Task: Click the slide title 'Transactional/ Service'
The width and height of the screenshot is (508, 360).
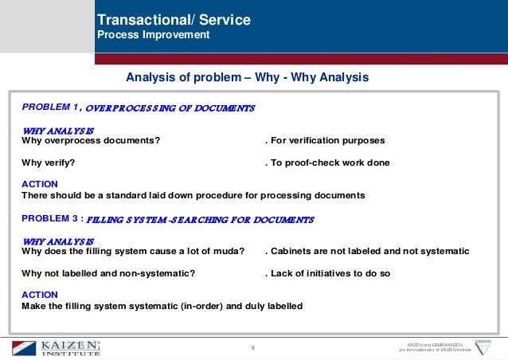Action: pos(173,20)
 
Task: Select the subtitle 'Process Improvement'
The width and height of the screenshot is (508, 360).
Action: pos(153,35)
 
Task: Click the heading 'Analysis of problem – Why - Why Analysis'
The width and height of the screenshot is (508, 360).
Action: pos(248,77)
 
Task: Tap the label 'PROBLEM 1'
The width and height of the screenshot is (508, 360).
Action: pos(51,106)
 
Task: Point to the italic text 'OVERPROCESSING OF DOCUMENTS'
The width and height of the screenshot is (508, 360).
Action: pos(170,108)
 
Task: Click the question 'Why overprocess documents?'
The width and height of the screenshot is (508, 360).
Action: pos(90,140)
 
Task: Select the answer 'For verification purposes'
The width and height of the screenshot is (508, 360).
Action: pos(326,140)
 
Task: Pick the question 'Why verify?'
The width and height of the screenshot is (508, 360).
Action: pos(49,162)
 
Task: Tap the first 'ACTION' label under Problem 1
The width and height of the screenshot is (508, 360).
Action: pos(40,183)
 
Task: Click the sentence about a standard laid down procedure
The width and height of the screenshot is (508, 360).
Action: pos(193,194)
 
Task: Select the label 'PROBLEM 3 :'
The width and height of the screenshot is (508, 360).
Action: pos(52,217)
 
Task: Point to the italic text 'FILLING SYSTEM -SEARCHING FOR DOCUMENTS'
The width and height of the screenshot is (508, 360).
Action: pos(199,219)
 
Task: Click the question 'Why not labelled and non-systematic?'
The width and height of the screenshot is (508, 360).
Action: pos(108,274)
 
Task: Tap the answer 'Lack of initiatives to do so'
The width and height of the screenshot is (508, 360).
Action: pos(332,274)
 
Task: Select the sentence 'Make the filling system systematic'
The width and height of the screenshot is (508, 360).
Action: pos(162,306)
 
